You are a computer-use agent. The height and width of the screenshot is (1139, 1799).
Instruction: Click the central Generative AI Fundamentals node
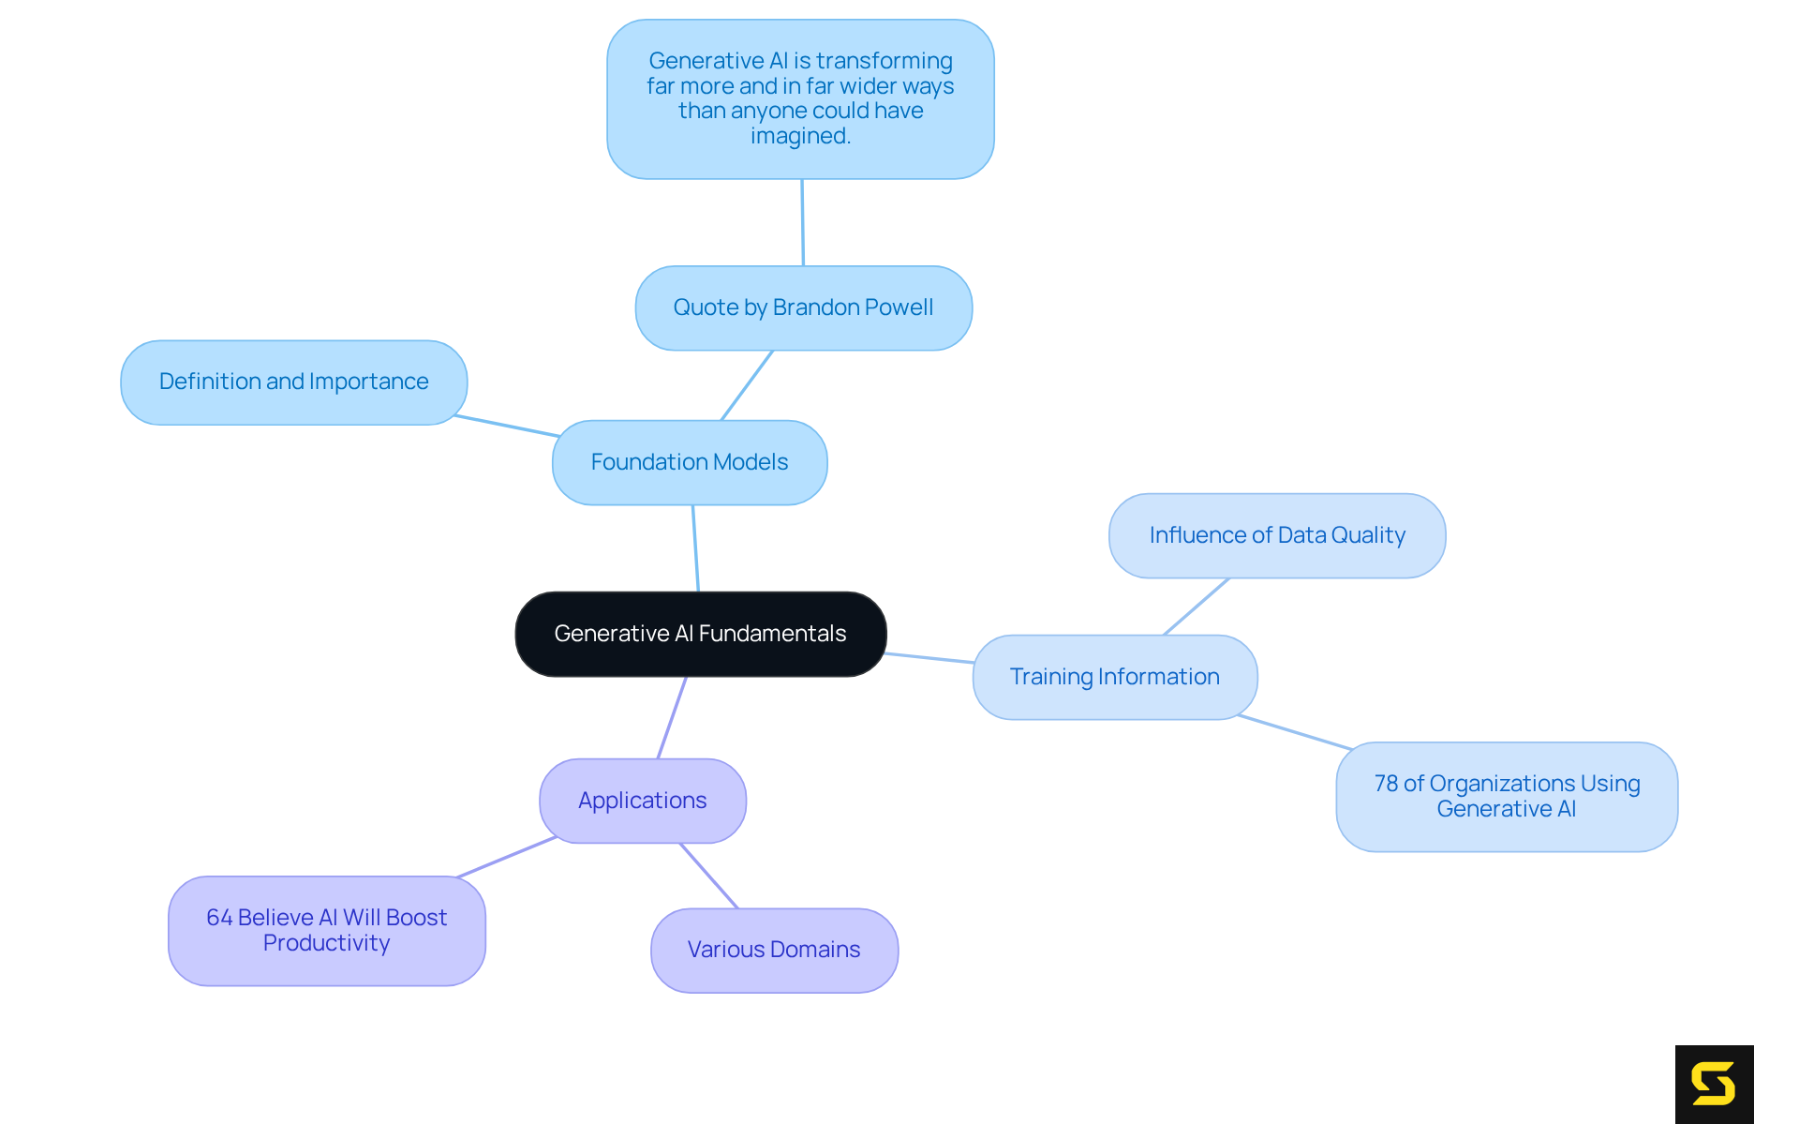[x=700, y=634]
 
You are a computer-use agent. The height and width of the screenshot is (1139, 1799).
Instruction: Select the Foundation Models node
[x=690, y=462]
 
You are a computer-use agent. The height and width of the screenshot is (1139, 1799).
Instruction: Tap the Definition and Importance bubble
[x=293, y=382]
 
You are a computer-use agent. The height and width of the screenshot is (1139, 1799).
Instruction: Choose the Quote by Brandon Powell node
[x=803, y=307]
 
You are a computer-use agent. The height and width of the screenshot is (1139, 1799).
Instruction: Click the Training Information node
[x=1114, y=677]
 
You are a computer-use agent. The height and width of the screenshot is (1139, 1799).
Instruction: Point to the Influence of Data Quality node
[x=1276, y=535]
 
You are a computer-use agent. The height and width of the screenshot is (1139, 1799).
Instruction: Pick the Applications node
[x=642, y=801]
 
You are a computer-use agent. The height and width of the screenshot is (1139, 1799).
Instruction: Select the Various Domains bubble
[x=774, y=950]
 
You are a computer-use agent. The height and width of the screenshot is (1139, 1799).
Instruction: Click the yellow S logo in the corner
[x=1714, y=1084]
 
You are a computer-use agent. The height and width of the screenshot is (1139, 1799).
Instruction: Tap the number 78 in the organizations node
[x=1386, y=784]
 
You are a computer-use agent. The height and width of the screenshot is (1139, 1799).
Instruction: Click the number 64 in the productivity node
[x=219, y=918]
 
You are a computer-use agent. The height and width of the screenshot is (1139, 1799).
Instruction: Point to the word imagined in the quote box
[x=800, y=136]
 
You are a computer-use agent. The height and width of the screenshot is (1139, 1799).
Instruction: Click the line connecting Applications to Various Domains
[x=708, y=876]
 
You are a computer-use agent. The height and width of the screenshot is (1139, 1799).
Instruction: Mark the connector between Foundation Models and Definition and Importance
[x=507, y=426]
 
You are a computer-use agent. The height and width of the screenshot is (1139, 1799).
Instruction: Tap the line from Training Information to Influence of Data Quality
[x=1197, y=607]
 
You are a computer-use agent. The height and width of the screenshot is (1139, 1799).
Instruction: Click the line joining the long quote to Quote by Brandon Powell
[x=802, y=222]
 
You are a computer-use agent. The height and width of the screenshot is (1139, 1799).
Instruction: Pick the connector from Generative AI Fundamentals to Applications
[x=672, y=718]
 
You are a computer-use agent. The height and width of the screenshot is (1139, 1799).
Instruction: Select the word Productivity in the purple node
[x=326, y=943]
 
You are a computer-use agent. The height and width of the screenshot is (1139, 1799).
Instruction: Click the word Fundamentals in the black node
[x=772, y=634]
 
